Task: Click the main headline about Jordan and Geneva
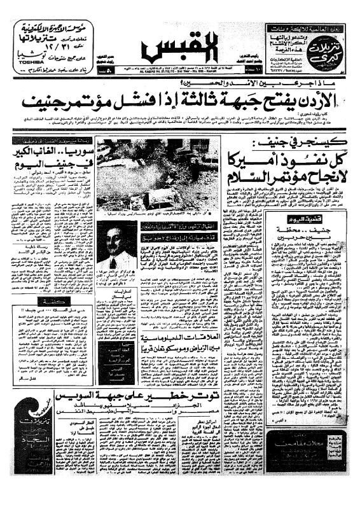click(x=180, y=99)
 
